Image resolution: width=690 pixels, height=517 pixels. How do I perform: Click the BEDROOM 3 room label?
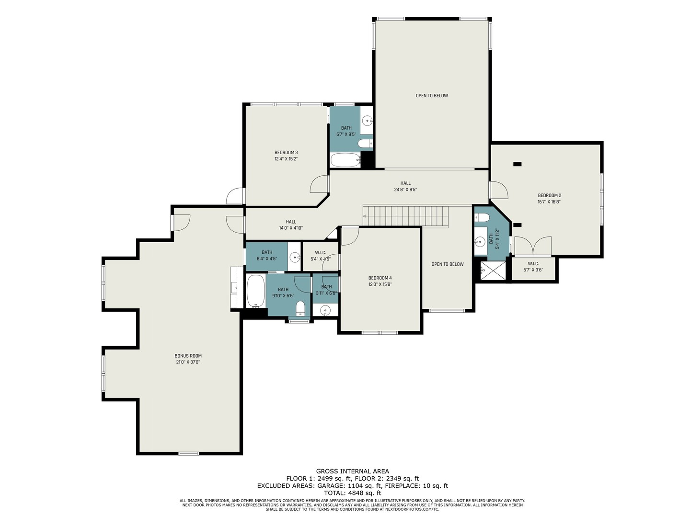pyautogui.click(x=286, y=153)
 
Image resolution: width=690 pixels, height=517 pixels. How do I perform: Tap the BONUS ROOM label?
pyautogui.click(x=188, y=356)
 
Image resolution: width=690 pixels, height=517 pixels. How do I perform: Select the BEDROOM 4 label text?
pyautogui.click(x=380, y=278)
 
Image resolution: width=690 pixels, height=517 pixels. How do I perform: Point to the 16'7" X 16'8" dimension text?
pyautogui.click(x=549, y=202)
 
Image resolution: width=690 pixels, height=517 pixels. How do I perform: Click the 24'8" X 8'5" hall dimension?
pyautogui.click(x=405, y=190)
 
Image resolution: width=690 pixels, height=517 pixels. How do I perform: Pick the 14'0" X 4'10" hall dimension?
pyautogui.click(x=291, y=228)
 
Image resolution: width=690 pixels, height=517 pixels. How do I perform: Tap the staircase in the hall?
pyautogui.click(x=405, y=215)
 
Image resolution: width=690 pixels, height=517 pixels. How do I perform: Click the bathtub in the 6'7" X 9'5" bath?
pyautogui.click(x=345, y=160)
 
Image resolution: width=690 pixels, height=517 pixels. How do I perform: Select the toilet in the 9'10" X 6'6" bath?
pyautogui.click(x=300, y=309)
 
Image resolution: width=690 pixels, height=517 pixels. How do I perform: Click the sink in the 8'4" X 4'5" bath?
pyautogui.click(x=295, y=258)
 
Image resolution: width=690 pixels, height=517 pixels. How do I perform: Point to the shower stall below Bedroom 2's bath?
pyautogui.click(x=492, y=270)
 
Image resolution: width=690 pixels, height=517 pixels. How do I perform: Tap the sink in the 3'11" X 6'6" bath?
pyautogui.click(x=325, y=311)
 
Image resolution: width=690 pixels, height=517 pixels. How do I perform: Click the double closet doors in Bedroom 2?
pyautogui.click(x=533, y=246)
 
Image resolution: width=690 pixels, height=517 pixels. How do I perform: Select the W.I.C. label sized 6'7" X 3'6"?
pyautogui.click(x=533, y=267)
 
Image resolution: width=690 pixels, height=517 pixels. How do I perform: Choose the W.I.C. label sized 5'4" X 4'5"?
pyautogui.click(x=321, y=256)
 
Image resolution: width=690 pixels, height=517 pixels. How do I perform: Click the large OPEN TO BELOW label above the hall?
pyautogui.click(x=432, y=95)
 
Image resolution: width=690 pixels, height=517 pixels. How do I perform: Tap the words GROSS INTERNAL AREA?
pyautogui.click(x=352, y=471)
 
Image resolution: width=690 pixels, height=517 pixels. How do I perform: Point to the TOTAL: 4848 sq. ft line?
pyautogui.click(x=352, y=493)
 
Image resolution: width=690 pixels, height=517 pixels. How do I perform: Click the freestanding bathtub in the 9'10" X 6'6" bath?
pyautogui.click(x=256, y=291)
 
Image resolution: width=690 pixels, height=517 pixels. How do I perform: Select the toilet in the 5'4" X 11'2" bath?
pyautogui.click(x=482, y=217)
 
